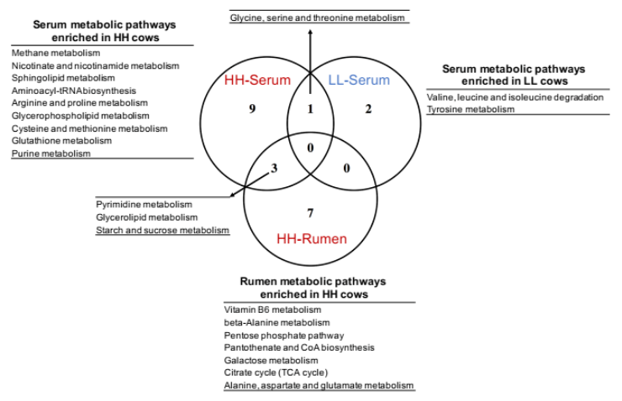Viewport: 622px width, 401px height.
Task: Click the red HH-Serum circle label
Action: click(256, 81)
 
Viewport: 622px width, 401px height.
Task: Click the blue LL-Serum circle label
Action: click(360, 81)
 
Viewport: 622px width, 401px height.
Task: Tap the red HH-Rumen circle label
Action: click(311, 240)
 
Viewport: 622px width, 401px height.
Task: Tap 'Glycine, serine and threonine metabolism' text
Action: click(320, 18)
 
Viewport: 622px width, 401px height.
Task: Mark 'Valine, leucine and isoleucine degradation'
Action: click(514, 97)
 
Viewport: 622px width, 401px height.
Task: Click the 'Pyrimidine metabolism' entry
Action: click(144, 205)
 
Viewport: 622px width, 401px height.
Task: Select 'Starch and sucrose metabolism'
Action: click(162, 230)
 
